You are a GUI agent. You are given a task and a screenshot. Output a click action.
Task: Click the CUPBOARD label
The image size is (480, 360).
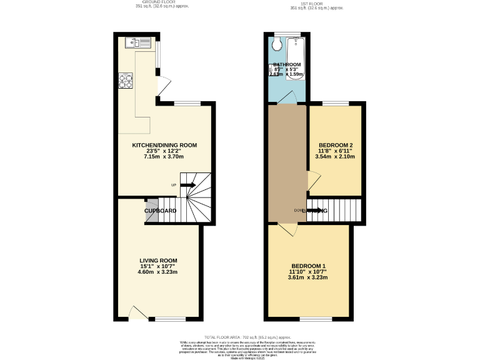click(x=161, y=211)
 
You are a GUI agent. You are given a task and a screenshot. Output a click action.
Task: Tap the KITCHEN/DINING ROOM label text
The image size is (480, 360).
click(x=164, y=145)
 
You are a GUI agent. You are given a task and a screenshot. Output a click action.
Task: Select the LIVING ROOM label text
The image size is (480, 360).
click(x=158, y=261)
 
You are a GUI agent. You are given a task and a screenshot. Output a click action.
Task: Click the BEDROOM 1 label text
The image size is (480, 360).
click(x=308, y=266)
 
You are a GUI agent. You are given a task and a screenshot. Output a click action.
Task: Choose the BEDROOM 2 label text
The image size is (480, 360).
click(x=336, y=145)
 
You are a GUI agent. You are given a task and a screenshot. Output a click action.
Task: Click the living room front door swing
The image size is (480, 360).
click(x=138, y=312)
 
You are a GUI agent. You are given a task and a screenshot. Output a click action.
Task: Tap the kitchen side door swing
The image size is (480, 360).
click(x=163, y=87)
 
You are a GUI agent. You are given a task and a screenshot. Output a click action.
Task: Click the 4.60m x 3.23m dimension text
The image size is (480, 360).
click(x=158, y=272)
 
